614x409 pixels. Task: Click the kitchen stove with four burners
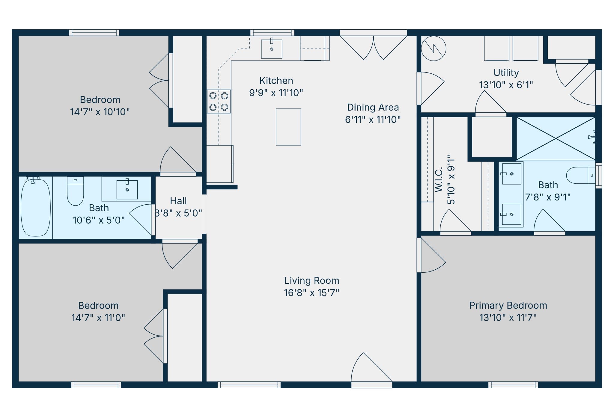[x=219, y=101]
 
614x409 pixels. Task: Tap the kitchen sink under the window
[x=272, y=49]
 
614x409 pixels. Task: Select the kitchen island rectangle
[x=288, y=127]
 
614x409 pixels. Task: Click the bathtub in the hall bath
[x=36, y=207]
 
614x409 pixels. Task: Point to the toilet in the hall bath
[x=75, y=191]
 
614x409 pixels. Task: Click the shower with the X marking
[x=556, y=138]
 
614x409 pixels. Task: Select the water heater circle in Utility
[x=434, y=49]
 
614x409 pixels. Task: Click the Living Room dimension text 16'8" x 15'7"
[x=311, y=293]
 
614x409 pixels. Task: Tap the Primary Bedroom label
[x=508, y=305]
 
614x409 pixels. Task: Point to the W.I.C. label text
[x=439, y=180]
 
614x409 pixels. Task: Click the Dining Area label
[x=373, y=107]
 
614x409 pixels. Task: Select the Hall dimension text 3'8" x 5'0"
[x=178, y=213]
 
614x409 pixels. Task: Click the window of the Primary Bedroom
[x=513, y=385]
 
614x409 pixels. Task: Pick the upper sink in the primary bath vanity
[x=511, y=174]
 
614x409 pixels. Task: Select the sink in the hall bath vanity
[x=127, y=189]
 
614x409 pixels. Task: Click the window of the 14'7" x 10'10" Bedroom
[x=94, y=33]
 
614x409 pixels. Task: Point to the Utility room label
[x=506, y=73]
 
